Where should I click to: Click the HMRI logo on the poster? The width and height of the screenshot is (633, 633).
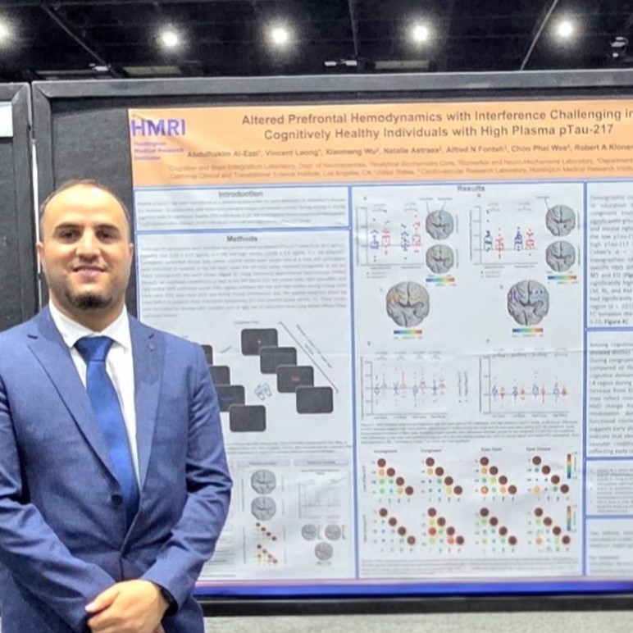[159, 127]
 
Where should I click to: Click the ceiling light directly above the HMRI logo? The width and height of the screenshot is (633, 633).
[170, 38]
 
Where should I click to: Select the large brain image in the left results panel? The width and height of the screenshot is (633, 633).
[408, 303]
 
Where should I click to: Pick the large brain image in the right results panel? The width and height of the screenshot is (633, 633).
[527, 302]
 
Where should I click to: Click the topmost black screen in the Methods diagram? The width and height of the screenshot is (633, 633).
[259, 341]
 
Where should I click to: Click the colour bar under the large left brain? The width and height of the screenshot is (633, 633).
[408, 332]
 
